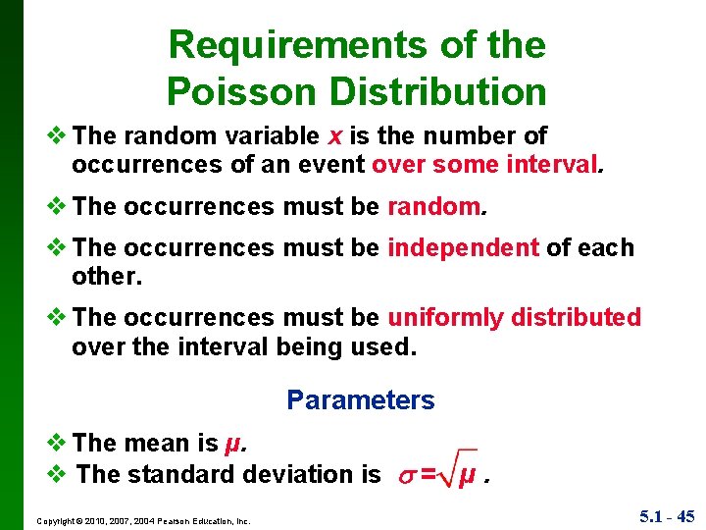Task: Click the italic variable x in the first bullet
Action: point(336,135)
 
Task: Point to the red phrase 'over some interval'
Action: point(485,164)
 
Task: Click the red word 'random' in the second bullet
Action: point(432,207)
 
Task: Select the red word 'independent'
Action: point(463,248)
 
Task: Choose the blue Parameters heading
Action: point(360,400)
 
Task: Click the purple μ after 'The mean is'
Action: point(232,444)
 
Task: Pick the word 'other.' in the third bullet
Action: point(107,277)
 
